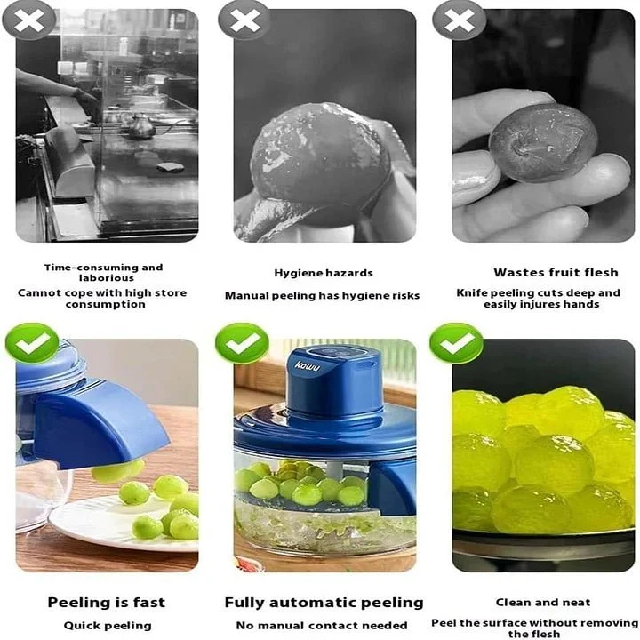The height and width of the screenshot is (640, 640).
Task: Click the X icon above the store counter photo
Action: (28, 20)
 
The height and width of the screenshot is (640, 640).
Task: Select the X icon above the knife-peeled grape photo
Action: (459, 20)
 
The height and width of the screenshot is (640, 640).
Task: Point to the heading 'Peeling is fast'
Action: (106, 603)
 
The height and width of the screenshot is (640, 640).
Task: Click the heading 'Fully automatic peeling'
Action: (324, 603)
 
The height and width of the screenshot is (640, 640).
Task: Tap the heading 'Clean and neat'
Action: (544, 603)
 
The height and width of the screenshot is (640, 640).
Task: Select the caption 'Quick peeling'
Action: (106, 625)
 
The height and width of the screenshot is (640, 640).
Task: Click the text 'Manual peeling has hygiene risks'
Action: (322, 295)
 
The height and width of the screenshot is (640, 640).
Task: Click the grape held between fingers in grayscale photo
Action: (542, 142)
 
